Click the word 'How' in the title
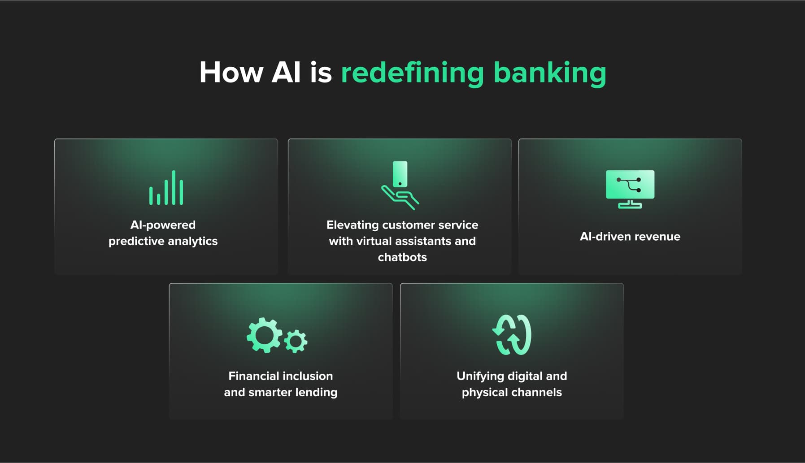231,72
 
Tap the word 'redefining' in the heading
412,72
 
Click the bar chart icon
166,187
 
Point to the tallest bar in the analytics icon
174,187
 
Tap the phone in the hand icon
400,174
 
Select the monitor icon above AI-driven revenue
630,189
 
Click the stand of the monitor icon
630,204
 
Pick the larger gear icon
265,335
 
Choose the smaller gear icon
296,342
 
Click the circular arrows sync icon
512,335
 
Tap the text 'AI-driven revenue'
630,236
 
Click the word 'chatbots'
402,257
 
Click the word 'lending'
316,393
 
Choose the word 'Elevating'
352,225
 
